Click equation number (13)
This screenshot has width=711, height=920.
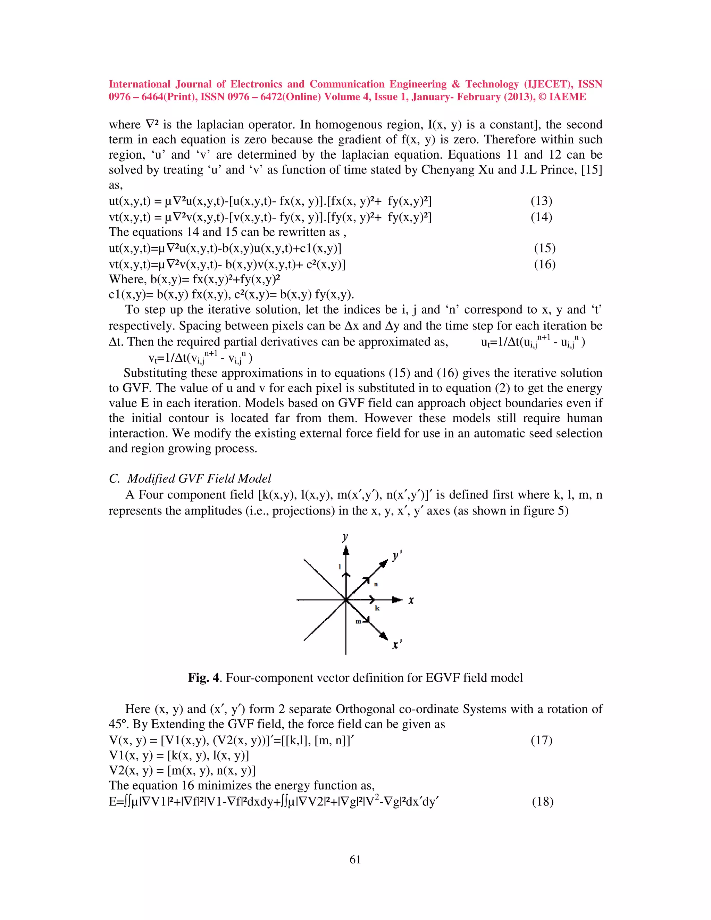[541, 201]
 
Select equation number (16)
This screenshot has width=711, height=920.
[545, 265]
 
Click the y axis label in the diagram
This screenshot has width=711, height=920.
[345, 537]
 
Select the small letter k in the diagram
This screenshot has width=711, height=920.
[377, 608]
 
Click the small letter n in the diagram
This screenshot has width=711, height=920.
[376, 584]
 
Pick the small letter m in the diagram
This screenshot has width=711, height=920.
[358, 621]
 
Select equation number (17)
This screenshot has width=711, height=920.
[541, 740]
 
